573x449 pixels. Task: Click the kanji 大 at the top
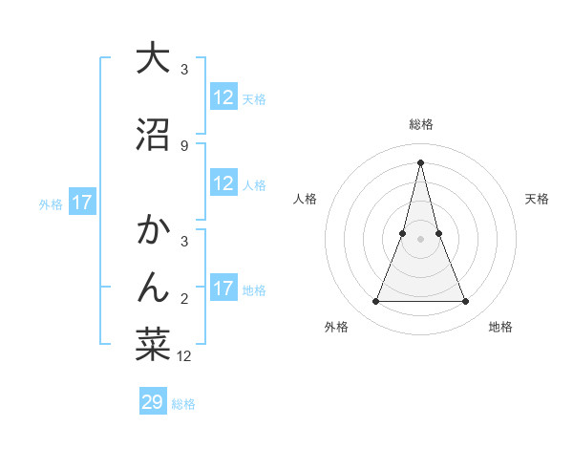153,58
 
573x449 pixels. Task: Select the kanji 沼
153,135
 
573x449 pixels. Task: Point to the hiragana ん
153,286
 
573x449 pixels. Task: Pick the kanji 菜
153,345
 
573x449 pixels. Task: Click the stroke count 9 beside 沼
183,146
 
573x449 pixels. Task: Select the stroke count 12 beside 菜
184,356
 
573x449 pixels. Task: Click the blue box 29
153,402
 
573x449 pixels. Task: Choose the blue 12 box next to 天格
223,97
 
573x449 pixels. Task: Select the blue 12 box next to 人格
223,183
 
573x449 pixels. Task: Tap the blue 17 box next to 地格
223,289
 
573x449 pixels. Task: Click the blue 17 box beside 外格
81,203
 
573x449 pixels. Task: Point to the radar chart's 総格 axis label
420,124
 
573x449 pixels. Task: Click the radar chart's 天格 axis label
537,199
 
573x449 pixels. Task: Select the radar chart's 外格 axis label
336,327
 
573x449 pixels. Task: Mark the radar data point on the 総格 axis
420,162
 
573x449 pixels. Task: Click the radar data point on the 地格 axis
465,302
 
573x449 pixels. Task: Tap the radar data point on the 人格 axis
403,233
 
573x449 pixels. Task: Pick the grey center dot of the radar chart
420,239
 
